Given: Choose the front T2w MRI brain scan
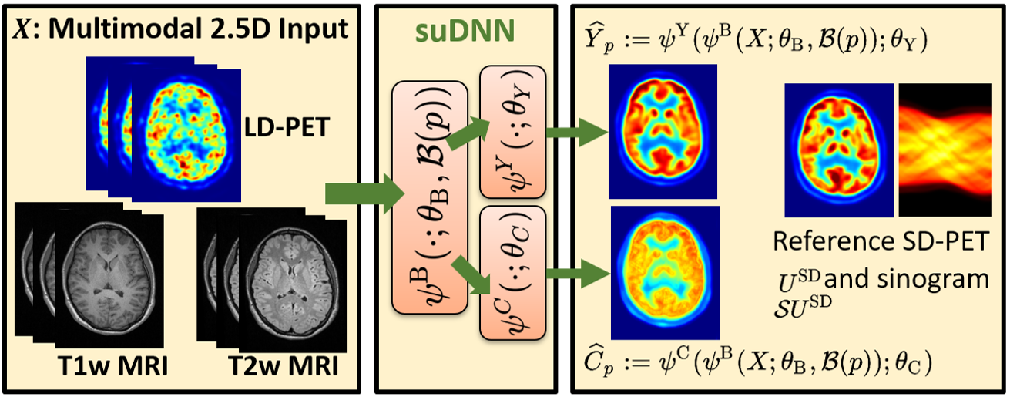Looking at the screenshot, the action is click(290, 274).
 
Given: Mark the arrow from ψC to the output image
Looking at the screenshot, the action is click(574, 271).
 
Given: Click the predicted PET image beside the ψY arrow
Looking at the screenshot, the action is click(663, 126).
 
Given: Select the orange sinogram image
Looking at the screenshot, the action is click(942, 150).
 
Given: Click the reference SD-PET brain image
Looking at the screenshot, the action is click(838, 150).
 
